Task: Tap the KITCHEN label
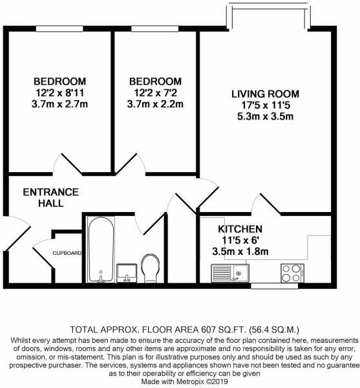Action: click(239, 229)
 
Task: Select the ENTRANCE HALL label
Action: click(50, 197)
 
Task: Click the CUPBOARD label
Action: click(67, 253)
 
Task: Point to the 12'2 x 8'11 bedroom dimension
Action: click(59, 92)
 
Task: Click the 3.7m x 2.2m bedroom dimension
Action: click(155, 103)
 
